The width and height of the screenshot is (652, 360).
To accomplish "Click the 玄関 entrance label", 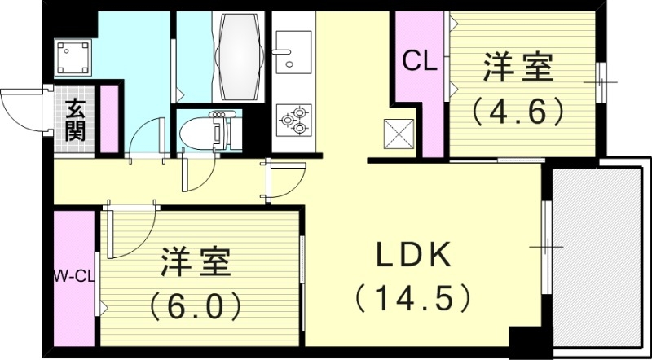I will coord(76,120).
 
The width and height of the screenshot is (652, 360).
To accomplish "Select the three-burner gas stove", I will coord(293,121).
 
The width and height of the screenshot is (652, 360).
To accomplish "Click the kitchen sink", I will coord(293,50).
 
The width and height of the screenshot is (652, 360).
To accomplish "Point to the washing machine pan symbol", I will coord(72,55).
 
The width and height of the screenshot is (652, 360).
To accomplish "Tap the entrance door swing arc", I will coord(20,109).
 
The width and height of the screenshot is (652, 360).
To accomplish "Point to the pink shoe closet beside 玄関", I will coord(109,118).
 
